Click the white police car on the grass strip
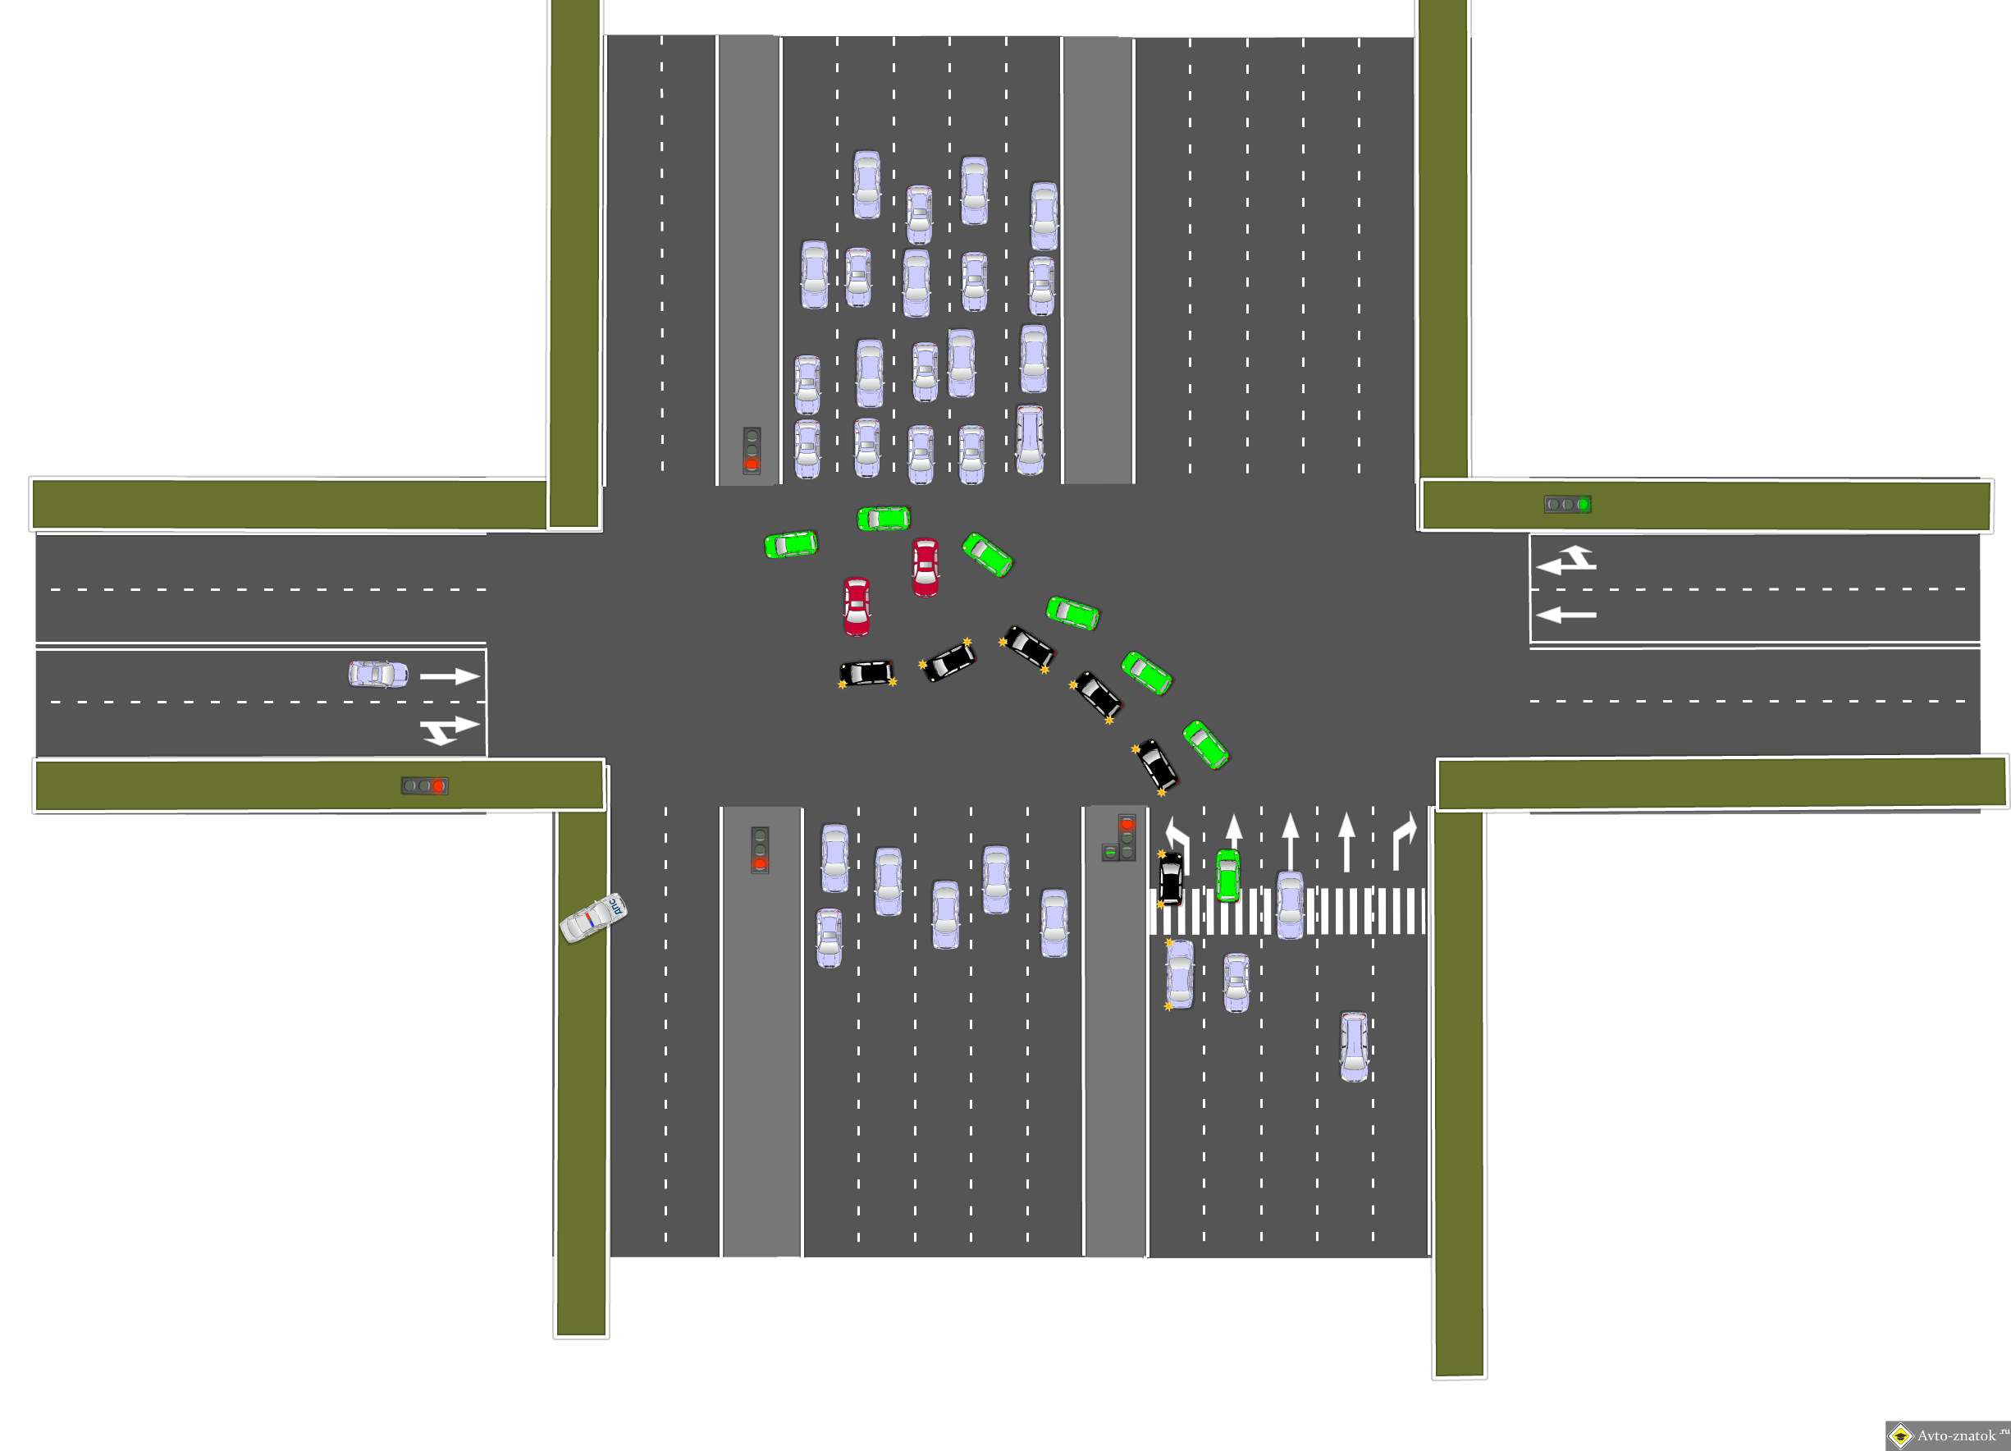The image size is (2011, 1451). (x=593, y=918)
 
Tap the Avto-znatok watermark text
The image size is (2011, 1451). (x=1955, y=1436)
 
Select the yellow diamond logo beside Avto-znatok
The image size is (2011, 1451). (x=1899, y=1435)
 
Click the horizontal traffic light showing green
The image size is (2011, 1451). (x=1567, y=505)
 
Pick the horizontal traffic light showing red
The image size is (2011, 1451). (x=425, y=785)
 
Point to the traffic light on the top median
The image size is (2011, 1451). (x=752, y=450)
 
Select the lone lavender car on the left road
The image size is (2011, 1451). (x=378, y=674)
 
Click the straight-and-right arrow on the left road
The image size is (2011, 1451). (x=449, y=729)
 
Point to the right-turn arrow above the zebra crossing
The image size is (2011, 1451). (x=1404, y=843)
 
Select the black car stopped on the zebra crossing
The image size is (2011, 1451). (x=1171, y=878)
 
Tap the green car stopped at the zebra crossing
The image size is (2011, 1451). (x=1227, y=875)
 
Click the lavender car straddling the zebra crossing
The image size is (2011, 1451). (x=1290, y=904)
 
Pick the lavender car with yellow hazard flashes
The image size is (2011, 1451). (x=1179, y=975)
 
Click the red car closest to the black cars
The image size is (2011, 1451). (x=857, y=606)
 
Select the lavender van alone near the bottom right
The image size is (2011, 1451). (x=1354, y=1046)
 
